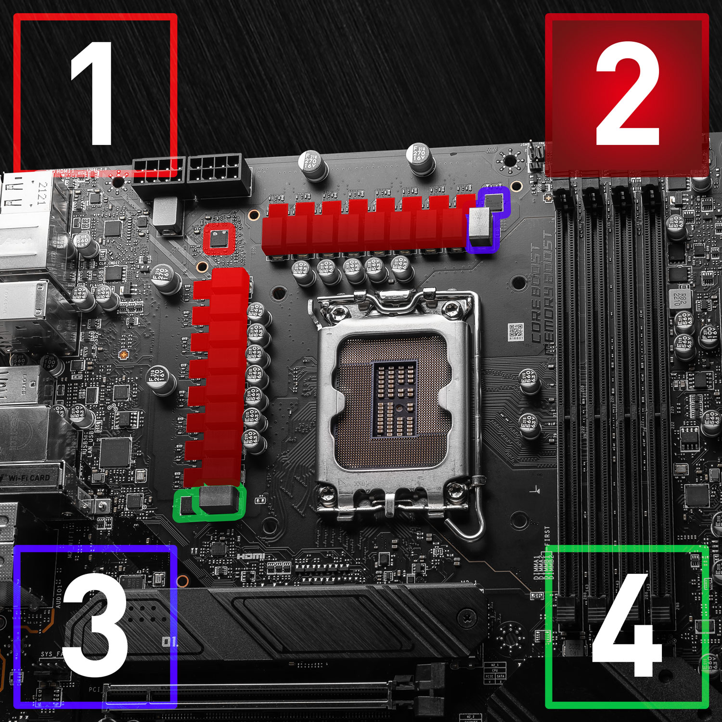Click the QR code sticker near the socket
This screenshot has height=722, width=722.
pos(516,331)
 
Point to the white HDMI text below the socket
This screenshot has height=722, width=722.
pos(251,556)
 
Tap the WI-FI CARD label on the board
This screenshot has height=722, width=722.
pos(29,478)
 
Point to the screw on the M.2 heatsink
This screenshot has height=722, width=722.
pos(466,616)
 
